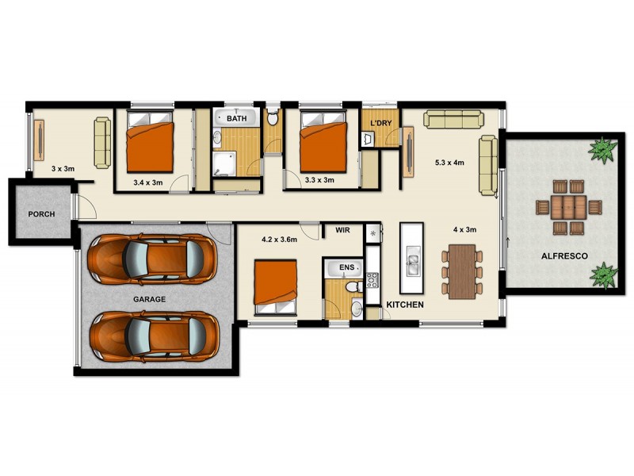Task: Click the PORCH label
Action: [x=40, y=213]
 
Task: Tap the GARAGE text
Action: [x=149, y=299]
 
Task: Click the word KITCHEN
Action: [x=404, y=305]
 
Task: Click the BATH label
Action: [x=237, y=118]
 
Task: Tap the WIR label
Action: [x=343, y=230]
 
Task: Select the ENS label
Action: [x=346, y=269]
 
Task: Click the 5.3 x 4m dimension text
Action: [x=449, y=163]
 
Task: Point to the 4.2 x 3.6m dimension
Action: [x=278, y=238]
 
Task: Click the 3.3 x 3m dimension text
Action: [x=319, y=180]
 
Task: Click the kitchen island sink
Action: [x=412, y=258]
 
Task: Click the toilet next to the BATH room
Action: [x=273, y=120]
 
